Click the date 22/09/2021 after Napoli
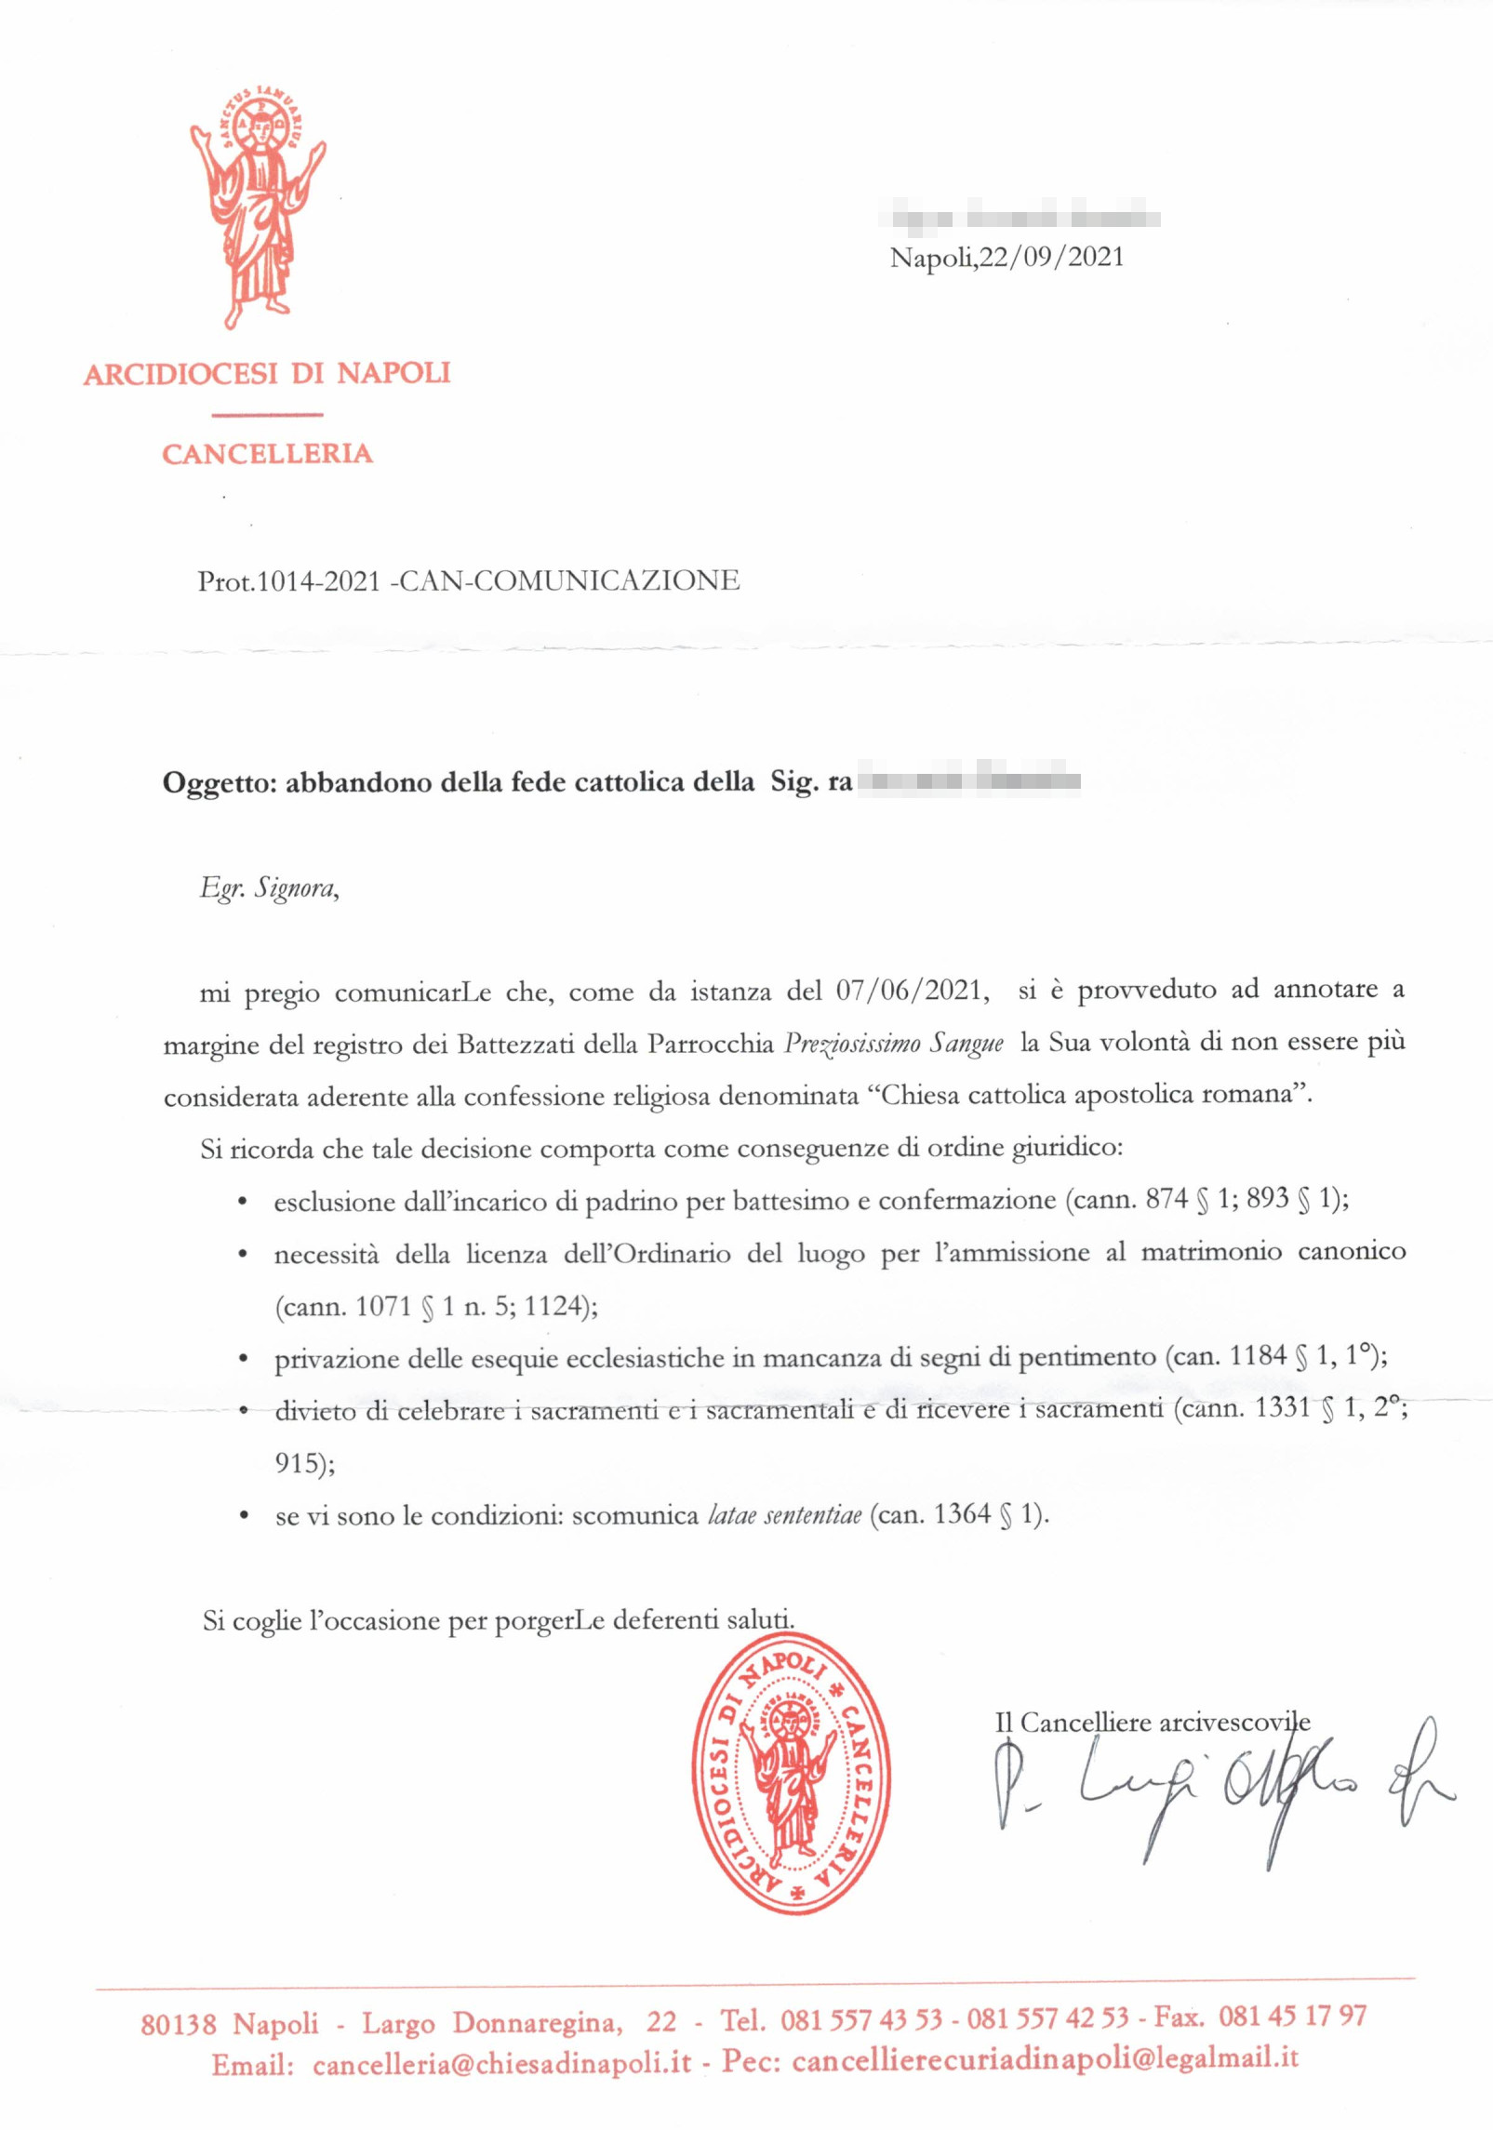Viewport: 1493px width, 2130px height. (1051, 258)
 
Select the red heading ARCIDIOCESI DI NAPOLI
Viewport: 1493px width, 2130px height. (267, 374)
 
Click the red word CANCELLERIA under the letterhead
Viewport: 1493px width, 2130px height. (267, 454)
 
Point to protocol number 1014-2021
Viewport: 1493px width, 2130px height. (318, 581)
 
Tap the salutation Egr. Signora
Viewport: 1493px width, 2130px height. (269, 888)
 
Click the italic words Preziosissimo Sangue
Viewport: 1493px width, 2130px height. (894, 1043)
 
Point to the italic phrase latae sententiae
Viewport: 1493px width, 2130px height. (784, 1515)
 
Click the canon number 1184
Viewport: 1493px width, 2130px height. (1258, 1356)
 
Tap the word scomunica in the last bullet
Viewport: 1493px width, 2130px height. (634, 1515)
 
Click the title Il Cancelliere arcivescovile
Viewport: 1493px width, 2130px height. (1153, 1723)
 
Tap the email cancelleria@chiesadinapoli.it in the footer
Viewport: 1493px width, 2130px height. (502, 2064)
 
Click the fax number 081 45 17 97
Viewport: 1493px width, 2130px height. (1292, 2017)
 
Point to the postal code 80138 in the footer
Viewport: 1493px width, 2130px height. (179, 2024)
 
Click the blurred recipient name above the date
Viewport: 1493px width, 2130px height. (1025, 220)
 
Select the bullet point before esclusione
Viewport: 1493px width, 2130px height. (243, 1203)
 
